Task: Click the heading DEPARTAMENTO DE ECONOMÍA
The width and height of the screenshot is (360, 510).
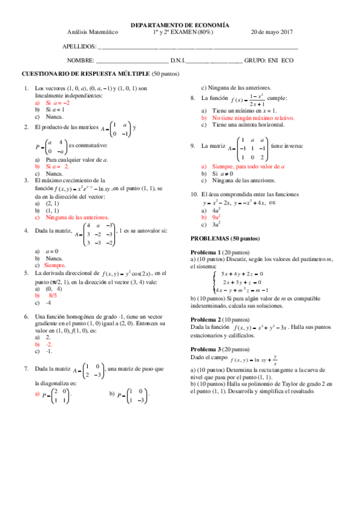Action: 180,26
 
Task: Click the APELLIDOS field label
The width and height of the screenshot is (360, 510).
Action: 80,46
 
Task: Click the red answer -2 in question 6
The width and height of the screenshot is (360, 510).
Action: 48,345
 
